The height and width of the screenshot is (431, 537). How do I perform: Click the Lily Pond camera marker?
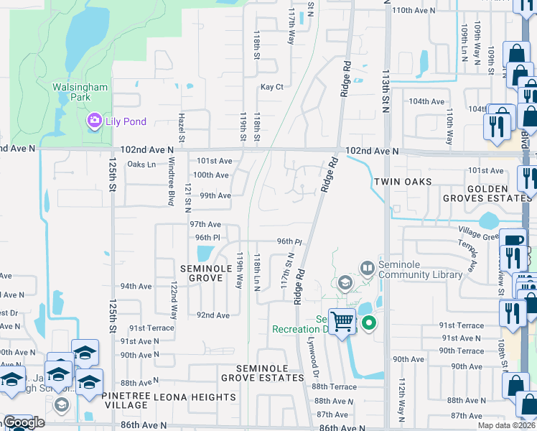pyautogui.click(x=94, y=121)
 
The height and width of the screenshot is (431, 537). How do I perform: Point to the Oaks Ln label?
pyautogui.click(x=141, y=164)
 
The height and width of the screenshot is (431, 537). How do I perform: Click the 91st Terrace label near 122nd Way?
pyautogui.click(x=151, y=328)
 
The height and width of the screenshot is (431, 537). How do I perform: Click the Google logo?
pyautogui.click(x=24, y=423)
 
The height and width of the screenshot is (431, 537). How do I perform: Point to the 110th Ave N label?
pyautogui.click(x=414, y=10)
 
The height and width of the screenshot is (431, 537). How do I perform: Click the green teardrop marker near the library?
pyautogui.click(x=369, y=323)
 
